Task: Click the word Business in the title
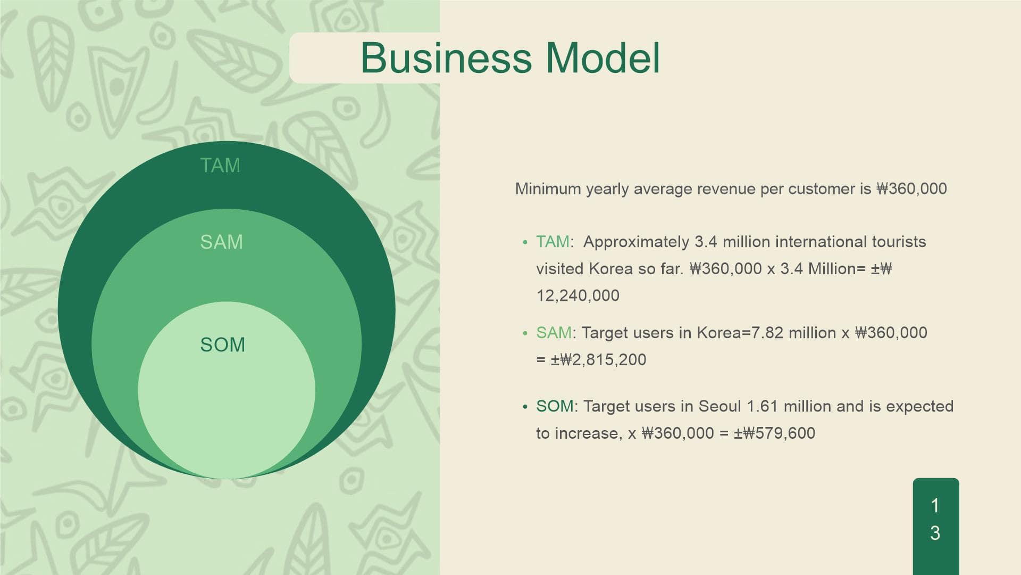pyautogui.click(x=446, y=57)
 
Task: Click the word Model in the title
pyautogui.click(x=603, y=57)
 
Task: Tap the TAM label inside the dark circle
pyautogui.click(x=220, y=166)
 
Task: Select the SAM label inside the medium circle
pyautogui.click(x=221, y=242)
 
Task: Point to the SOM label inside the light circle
pyautogui.click(x=222, y=345)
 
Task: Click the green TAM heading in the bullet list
pyautogui.click(x=553, y=242)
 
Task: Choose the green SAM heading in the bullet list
pyautogui.click(x=554, y=333)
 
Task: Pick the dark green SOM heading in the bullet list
pyautogui.click(x=555, y=406)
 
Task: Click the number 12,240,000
pyautogui.click(x=578, y=295)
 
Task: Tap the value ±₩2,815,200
pyautogui.click(x=598, y=360)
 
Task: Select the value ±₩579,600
pyautogui.click(x=774, y=433)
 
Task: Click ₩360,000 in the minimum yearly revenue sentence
pyautogui.click(x=911, y=189)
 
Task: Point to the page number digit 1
pyautogui.click(x=935, y=505)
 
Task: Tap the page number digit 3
pyautogui.click(x=935, y=533)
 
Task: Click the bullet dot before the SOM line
pyautogui.click(x=525, y=407)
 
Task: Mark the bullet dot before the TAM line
pyautogui.click(x=525, y=243)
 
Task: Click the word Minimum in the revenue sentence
pyautogui.click(x=548, y=189)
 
